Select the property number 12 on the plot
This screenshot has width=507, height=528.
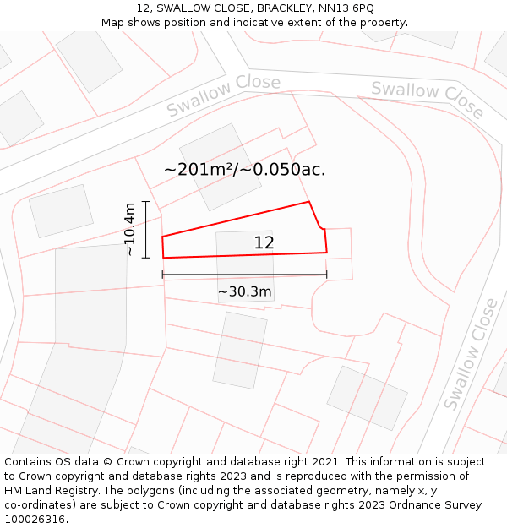coord(264,242)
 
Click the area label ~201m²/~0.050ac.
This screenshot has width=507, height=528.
coord(244,169)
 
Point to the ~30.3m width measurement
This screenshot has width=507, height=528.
coord(245,292)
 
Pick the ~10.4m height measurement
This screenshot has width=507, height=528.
coord(129,229)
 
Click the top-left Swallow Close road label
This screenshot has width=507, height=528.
coord(223,95)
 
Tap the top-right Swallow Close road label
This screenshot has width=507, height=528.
coord(428,100)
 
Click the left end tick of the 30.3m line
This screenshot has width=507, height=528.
coord(162,275)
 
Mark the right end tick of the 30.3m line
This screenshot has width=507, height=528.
coord(327,275)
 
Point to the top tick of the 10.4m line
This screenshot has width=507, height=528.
coord(146,202)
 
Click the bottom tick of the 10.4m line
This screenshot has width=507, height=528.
coord(146,258)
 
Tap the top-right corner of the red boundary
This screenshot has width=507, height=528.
coord(309,202)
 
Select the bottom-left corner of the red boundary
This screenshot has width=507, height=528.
coord(163,258)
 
